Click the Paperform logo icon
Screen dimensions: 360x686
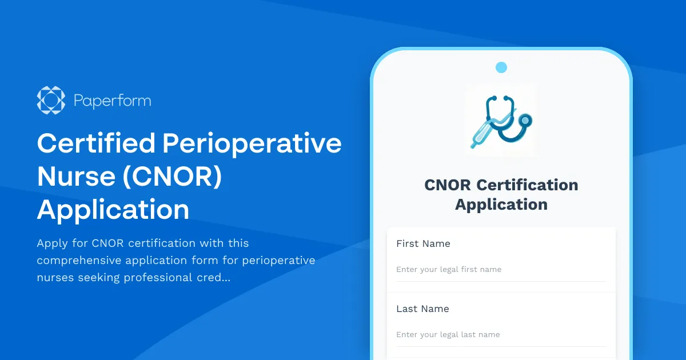[51, 101]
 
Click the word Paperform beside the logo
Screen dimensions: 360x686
[112, 101]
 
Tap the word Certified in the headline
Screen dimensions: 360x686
[95, 143]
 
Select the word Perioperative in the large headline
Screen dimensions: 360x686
[252, 143]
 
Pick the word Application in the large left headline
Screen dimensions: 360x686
[113, 210]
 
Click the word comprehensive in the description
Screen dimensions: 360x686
[78, 261]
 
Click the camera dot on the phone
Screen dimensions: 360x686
[501, 67]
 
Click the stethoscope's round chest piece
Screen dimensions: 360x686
[524, 120]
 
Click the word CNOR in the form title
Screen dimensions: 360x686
[448, 185]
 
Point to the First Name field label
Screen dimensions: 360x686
[423, 243]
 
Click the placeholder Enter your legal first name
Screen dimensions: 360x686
[449, 269]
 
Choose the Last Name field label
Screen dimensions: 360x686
[422, 309]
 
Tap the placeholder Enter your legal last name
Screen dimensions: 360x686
[448, 334]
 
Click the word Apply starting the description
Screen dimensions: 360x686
[51, 243]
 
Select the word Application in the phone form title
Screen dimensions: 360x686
[501, 205]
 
